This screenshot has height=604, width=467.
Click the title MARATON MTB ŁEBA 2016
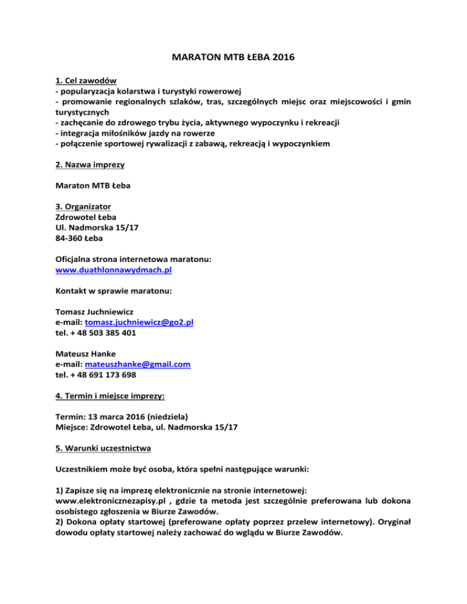coord(233,61)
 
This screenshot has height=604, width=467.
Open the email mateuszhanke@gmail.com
coord(138,364)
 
